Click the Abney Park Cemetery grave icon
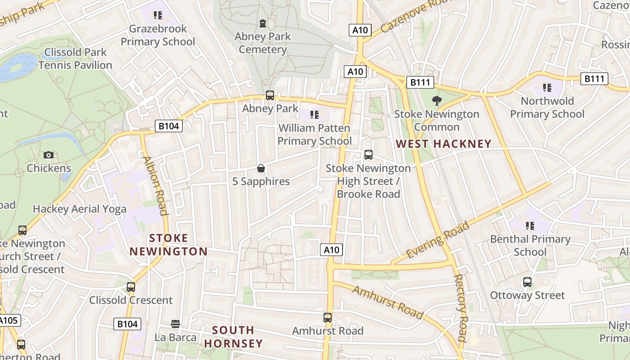click(x=263, y=23)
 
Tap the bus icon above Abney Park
click(x=270, y=95)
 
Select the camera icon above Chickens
click(x=49, y=155)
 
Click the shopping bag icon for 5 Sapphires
click(x=261, y=169)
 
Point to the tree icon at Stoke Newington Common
click(x=436, y=101)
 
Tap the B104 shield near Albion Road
click(x=169, y=126)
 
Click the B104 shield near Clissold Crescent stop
click(x=127, y=324)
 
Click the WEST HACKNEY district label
click(x=443, y=144)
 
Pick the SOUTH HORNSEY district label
click(x=233, y=337)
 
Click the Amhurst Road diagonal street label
click(x=387, y=302)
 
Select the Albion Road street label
click(x=155, y=185)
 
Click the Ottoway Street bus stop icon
click(x=527, y=283)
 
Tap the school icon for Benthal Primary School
click(x=530, y=226)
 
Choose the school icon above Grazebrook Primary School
click(x=157, y=16)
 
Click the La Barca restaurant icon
click(x=175, y=324)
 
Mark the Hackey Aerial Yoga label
click(x=80, y=209)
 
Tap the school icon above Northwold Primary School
click(x=547, y=88)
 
